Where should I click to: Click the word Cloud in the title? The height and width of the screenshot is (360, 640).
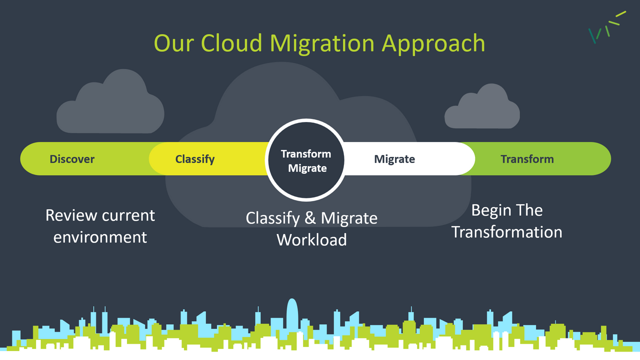click(231, 43)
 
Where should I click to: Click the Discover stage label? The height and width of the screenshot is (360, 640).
click(72, 159)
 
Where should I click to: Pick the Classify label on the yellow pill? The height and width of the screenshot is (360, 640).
click(195, 159)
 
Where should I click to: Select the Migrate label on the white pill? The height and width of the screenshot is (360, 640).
click(394, 159)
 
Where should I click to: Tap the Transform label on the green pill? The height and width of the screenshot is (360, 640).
click(527, 159)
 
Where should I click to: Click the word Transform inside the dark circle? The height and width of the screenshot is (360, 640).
click(306, 154)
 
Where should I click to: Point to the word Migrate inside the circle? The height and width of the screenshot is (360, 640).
click(307, 168)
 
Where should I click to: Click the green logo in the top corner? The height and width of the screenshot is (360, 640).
click(607, 27)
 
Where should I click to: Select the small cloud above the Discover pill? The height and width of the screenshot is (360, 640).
click(110, 101)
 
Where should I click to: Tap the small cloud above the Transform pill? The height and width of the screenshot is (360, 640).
click(482, 106)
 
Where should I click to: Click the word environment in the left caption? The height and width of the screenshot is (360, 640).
click(100, 237)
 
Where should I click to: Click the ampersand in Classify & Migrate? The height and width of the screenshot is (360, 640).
click(310, 218)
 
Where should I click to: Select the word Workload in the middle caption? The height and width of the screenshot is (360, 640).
click(311, 239)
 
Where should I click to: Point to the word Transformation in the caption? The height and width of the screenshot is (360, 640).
click(507, 231)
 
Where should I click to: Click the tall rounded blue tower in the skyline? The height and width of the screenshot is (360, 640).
click(292, 317)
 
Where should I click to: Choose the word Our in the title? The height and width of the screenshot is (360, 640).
click(173, 43)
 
